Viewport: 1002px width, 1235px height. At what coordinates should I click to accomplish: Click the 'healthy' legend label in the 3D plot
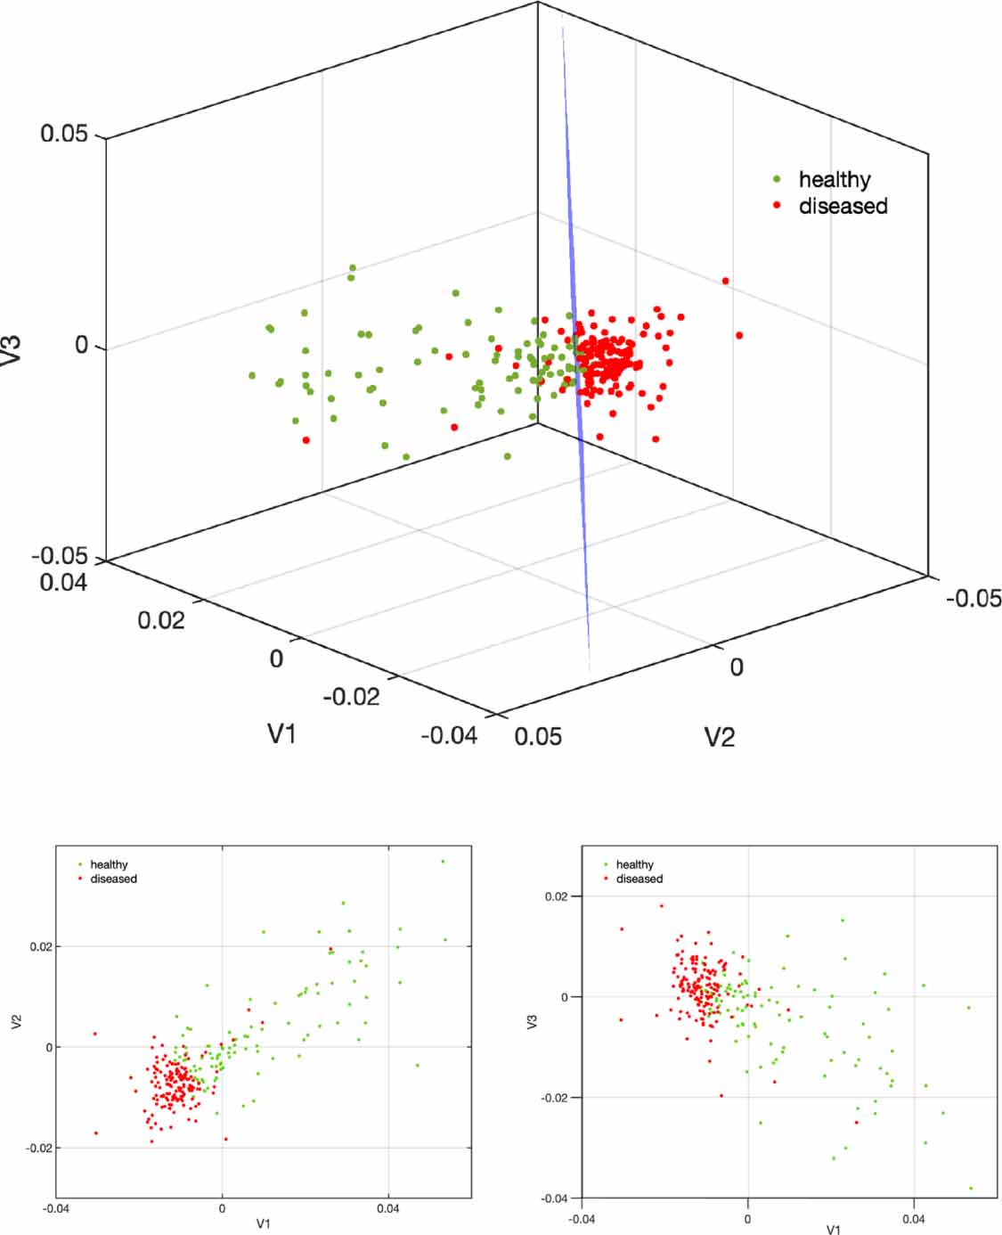[x=834, y=180]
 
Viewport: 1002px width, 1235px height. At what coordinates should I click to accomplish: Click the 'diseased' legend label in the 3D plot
[x=843, y=206]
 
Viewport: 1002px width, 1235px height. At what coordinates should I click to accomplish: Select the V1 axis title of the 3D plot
[x=281, y=733]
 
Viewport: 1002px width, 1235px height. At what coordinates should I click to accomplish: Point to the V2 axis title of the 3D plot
[x=720, y=737]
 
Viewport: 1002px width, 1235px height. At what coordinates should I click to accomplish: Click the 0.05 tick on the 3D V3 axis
[x=64, y=134]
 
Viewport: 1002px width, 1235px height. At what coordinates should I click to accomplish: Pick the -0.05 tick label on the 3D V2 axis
[x=973, y=598]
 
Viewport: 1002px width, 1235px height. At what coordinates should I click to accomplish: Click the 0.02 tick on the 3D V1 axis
[x=161, y=619]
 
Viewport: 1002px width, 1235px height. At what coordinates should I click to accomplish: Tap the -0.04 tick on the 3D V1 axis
[x=449, y=735]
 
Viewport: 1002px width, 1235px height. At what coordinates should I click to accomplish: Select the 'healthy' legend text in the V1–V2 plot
[x=109, y=864]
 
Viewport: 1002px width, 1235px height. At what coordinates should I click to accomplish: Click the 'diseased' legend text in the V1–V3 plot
[x=639, y=879]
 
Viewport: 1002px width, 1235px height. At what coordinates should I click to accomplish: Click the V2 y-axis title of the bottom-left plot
[x=16, y=1022]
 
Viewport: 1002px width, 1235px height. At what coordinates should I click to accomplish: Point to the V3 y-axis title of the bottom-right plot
[x=533, y=1022]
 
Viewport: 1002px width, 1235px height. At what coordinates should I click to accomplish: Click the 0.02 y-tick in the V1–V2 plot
[x=41, y=946]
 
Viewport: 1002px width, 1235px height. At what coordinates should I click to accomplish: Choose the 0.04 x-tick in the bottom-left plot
[x=388, y=1209]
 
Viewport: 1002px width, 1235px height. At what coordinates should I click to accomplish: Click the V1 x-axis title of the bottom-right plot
[x=833, y=1229]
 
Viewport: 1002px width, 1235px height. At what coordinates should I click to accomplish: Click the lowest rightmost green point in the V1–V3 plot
[x=971, y=1188]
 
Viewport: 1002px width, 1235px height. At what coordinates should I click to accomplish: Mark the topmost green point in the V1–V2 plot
[x=443, y=862]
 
